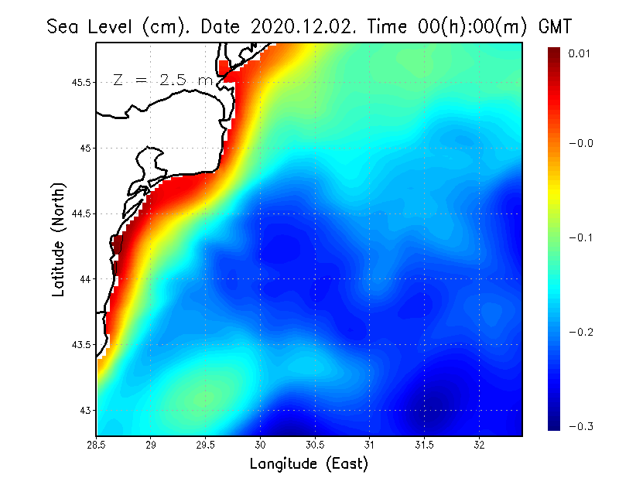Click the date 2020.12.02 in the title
pos(301,26)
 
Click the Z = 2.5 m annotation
pos(162,80)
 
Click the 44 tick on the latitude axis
pos(85,278)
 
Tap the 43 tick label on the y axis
pos(85,410)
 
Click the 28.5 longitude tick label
pos(97,446)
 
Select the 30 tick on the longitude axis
pos(261,446)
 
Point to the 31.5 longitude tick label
pos(425,446)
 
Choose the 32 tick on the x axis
pos(480,446)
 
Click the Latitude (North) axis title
pos(59,240)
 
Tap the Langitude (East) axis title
pos(309,464)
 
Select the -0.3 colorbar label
pos(581,426)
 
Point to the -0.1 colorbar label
pos(581,237)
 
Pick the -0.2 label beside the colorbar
pos(581,332)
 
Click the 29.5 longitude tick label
pos(206,446)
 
